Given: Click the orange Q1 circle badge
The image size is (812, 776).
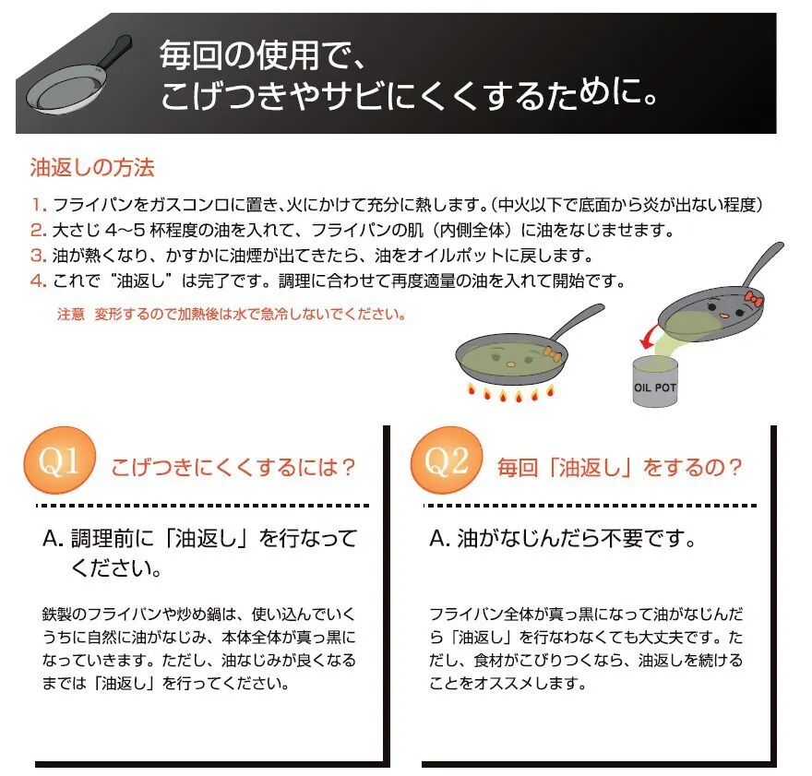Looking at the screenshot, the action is pyautogui.click(x=60, y=460).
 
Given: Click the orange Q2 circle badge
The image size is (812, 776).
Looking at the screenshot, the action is pyautogui.click(x=447, y=460).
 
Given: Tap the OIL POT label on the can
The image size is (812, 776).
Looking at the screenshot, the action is pyautogui.click(x=655, y=388).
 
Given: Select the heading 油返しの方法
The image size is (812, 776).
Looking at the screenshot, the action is pyautogui.click(x=92, y=168).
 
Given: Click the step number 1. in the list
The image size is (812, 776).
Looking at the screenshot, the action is pyautogui.click(x=39, y=205).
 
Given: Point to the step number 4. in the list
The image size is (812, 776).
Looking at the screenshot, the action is pyautogui.click(x=39, y=281).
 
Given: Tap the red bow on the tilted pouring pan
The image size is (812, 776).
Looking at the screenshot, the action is pyautogui.click(x=754, y=299).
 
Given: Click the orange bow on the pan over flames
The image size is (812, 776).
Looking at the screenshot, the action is pyautogui.click(x=552, y=353).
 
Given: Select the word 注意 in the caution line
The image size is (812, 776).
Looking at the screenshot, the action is pyautogui.click(x=70, y=315).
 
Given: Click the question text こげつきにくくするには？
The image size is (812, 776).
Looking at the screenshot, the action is pyautogui.click(x=233, y=468).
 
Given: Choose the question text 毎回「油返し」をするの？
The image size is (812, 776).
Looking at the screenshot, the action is pyautogui.click(x=620, y=468).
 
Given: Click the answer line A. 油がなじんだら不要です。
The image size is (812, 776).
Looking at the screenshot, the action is pyautogui.click(x=563, y=539).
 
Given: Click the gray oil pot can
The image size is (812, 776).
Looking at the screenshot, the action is pyautogui.click(x=655, y=381).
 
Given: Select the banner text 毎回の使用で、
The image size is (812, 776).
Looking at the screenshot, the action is pyautogui.click(x=263, y=55).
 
